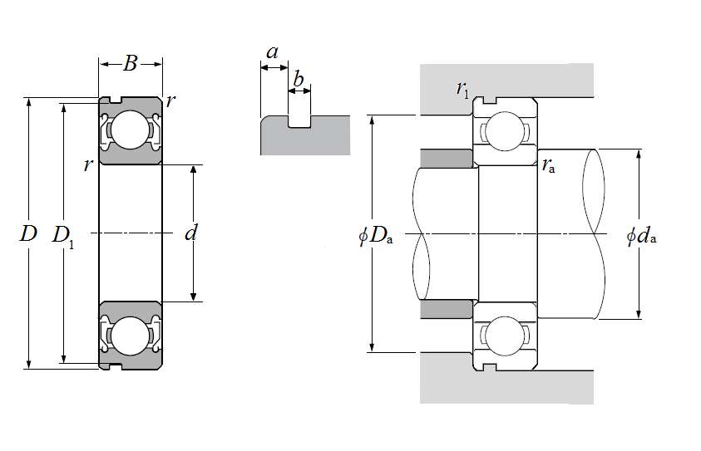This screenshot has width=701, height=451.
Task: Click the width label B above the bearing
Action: coord(130,63)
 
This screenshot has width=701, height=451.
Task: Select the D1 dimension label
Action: coord(62,235)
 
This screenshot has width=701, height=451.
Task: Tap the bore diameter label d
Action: coord(190,233)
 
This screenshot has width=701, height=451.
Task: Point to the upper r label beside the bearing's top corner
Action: coord(170,101)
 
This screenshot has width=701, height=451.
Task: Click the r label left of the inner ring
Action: coord(87,164)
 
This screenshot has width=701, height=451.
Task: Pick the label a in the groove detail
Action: coord(272,52)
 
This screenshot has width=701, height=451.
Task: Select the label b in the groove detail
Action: coord(299,81)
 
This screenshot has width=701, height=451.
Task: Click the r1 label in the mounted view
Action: coord(462,87)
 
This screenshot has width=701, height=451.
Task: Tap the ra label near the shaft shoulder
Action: coord(548,165)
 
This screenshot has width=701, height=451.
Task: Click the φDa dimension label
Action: coord(375,235)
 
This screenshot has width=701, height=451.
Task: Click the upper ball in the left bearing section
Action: coord(130,130)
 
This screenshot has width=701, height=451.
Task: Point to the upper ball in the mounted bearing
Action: coord(505,130)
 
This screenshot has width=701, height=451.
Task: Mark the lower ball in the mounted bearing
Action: coord(505,337)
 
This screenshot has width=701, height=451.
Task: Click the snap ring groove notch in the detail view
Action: coord(299,121)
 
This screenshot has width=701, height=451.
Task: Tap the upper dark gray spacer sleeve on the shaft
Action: coord(447,157)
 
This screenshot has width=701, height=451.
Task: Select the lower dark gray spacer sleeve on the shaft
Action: coord(447,309)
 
